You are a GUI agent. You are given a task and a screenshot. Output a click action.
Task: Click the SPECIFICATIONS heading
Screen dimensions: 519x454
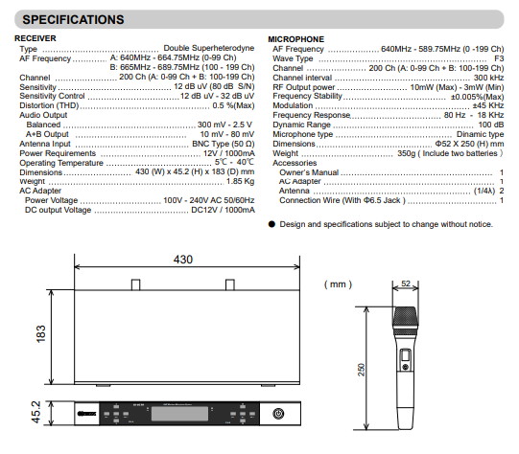(73, 19)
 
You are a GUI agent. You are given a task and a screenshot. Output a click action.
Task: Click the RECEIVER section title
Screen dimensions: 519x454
(35, 38)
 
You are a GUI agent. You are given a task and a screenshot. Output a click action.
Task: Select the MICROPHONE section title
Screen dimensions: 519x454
(295, 39)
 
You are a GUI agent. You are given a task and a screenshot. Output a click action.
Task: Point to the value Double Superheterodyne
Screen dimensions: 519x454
(209, 48)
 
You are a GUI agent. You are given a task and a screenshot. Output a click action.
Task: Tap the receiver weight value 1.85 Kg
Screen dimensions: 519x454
(240, 181)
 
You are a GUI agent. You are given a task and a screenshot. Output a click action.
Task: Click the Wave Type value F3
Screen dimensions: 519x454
(499, 58)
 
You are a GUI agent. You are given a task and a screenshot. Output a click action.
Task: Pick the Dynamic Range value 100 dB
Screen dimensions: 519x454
(491, 125)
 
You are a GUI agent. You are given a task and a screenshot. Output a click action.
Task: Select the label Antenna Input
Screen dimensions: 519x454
(45, 144)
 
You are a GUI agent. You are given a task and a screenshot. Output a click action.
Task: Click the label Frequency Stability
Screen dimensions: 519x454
(307, 96)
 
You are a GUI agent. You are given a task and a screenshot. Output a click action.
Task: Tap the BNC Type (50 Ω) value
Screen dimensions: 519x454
(224, 144)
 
